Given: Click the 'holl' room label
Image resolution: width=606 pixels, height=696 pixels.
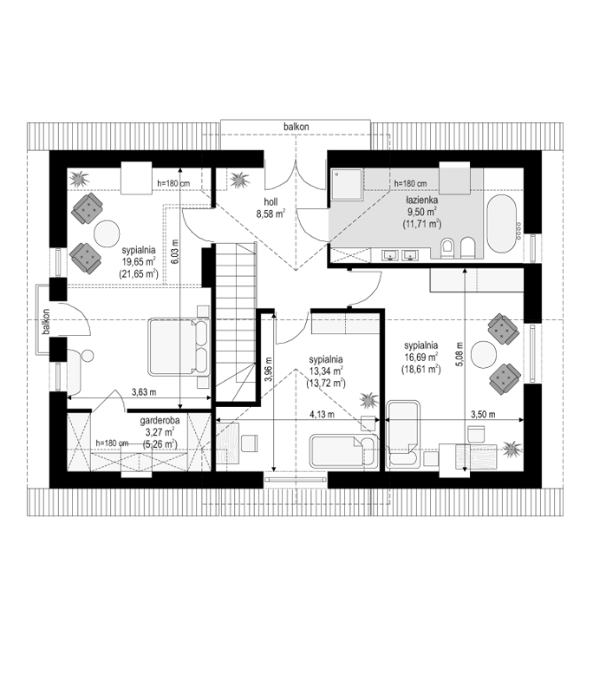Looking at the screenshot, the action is [270, 202].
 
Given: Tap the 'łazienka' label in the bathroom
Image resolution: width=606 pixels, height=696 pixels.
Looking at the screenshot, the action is [422, 200].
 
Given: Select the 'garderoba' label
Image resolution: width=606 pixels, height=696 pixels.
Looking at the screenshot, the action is [160, 421].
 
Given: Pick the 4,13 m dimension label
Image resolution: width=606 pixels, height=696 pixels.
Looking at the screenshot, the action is [322, 415].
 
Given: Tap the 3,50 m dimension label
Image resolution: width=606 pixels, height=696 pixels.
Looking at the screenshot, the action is [483, 415].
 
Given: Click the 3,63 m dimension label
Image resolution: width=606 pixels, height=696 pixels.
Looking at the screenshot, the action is [144, 392].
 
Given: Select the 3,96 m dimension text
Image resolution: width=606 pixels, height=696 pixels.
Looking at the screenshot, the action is [267, 370].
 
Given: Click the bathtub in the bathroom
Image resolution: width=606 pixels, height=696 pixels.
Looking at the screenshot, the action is [501, 223].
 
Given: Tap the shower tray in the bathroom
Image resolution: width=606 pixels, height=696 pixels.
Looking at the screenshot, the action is [347, 184].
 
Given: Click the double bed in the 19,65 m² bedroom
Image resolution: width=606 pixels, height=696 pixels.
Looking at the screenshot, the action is [179, 346].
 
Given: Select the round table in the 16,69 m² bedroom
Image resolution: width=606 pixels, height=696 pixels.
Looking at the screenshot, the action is [484, 354].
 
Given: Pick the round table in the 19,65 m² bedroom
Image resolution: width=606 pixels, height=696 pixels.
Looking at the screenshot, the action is [107, 234].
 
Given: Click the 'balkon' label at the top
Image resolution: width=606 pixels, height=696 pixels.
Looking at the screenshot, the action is [296, 127].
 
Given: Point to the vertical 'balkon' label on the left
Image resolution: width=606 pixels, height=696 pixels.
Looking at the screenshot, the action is [46, 322].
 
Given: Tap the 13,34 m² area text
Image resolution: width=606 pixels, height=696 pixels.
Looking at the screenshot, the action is [326, 371].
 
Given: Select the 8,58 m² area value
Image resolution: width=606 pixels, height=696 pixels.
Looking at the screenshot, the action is [270, 214].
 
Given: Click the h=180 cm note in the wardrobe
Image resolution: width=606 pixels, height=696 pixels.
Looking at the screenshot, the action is [112, 443].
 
